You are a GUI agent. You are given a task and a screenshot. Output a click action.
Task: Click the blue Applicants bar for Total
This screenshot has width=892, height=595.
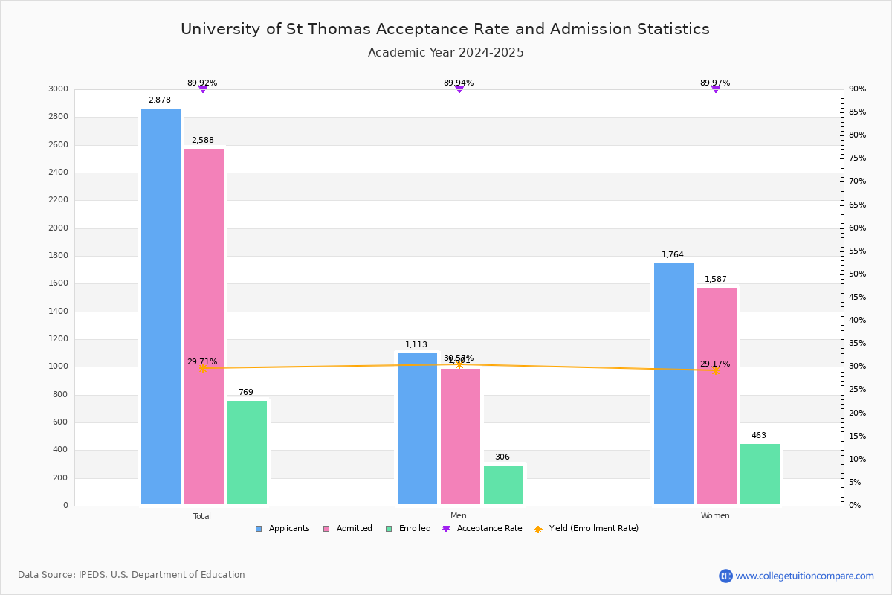point(161,306)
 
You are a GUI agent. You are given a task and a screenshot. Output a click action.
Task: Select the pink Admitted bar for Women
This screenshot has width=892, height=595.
point(717,396)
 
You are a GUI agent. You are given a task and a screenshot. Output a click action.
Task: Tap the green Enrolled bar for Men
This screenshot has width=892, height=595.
point(503,485)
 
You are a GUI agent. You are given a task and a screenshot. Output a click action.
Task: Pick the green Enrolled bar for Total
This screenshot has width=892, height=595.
point(247,452)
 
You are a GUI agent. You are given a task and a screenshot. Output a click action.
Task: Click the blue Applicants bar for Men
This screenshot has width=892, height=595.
point(417,428)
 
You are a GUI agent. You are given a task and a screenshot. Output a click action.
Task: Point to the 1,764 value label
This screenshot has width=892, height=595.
point(673,255)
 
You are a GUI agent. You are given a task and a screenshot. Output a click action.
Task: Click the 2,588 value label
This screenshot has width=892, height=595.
point(202,141)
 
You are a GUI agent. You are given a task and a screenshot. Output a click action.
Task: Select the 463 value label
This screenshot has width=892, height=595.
point(758,436)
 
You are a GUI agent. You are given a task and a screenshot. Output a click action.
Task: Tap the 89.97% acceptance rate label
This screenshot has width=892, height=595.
point(715,83)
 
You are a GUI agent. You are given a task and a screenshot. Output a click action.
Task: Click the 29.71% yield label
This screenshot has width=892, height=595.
point(202,362)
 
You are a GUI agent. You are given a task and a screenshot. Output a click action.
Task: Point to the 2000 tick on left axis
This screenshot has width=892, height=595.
point(58,228)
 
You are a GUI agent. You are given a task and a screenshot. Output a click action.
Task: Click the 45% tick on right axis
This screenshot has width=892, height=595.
point(857,297)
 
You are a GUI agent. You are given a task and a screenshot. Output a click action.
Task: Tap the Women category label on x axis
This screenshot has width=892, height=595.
point(715,516)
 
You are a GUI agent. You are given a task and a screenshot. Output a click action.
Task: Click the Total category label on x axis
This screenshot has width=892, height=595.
point(202,516)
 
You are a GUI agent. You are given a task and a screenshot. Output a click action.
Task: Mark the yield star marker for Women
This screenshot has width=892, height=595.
point(715,370)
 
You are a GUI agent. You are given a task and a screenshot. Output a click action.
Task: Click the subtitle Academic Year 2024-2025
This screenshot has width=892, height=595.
point(445,53)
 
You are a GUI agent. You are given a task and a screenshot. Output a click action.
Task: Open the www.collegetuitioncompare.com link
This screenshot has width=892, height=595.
point(804,576)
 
